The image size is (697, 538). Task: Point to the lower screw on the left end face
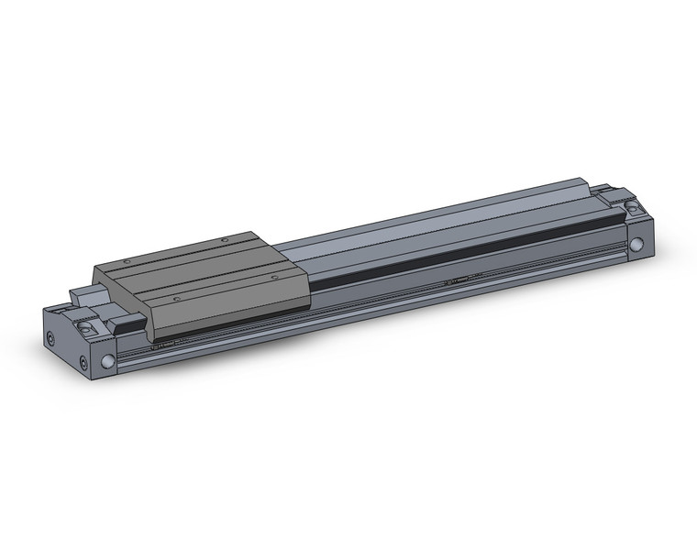[x=83, y=364]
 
